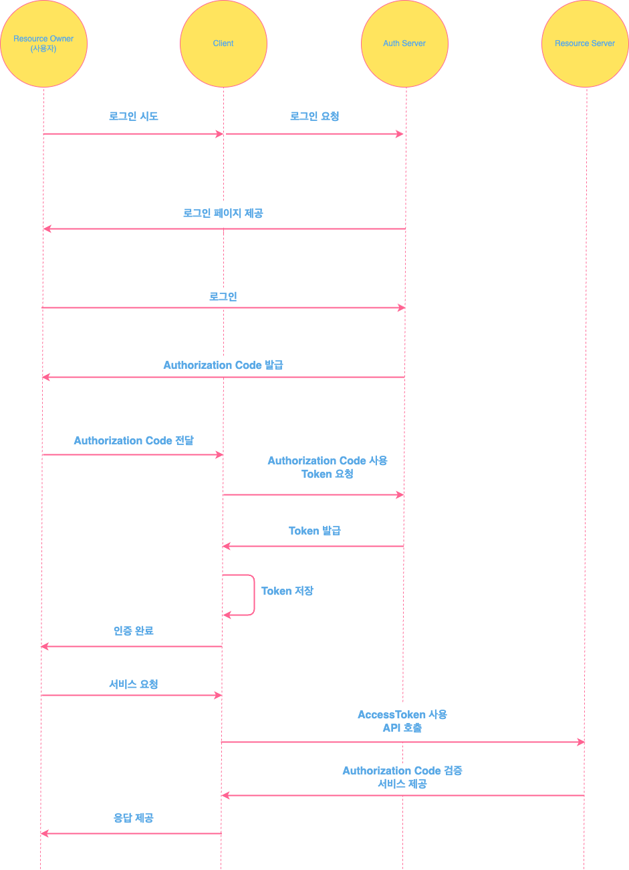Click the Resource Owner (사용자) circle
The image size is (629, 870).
click(43, 44)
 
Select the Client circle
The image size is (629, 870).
click(223, 44)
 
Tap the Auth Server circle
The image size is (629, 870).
click(404, 44)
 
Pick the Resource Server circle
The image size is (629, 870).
click(585, 44)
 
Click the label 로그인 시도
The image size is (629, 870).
click(134, 116)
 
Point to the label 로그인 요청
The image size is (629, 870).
click(314, 116)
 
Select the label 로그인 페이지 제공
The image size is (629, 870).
click(223, 213)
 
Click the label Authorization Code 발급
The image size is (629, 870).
click(223, 366)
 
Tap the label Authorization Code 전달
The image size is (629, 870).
click(134, 441)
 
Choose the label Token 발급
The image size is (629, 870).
click(314, 531)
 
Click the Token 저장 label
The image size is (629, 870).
click(287, 591)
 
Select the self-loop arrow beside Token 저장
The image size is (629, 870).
click(253, 595)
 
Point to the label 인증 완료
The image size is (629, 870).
click(134, 631)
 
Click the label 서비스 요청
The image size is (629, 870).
click(134, 684)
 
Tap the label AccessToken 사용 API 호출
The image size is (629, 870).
click(402, 721)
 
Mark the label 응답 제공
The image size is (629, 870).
click(134, 818)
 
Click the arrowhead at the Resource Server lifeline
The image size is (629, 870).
click(581, 742)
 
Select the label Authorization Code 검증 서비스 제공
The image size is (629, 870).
click(402, 777)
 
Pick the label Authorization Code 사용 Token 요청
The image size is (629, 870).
click(328, 467)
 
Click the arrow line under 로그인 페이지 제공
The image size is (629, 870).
click(223, 229)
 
